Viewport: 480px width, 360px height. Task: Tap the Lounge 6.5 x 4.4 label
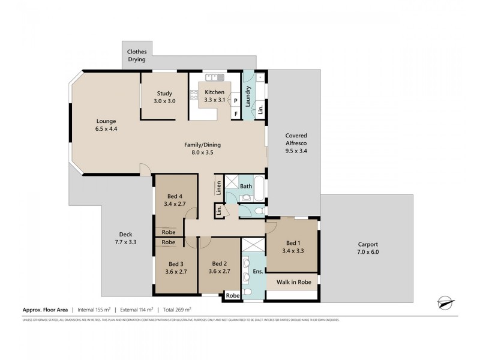[105, 125]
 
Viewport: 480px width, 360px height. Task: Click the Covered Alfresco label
[296, 140]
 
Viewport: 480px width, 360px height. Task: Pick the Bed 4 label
[176, 200]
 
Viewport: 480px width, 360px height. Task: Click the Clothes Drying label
[136, 56]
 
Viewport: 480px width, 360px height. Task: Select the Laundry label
[247, 98]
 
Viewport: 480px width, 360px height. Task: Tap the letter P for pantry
[236, 100]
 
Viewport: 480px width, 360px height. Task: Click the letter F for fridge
[236, 113]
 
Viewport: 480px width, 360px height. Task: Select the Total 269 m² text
[176, 310]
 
